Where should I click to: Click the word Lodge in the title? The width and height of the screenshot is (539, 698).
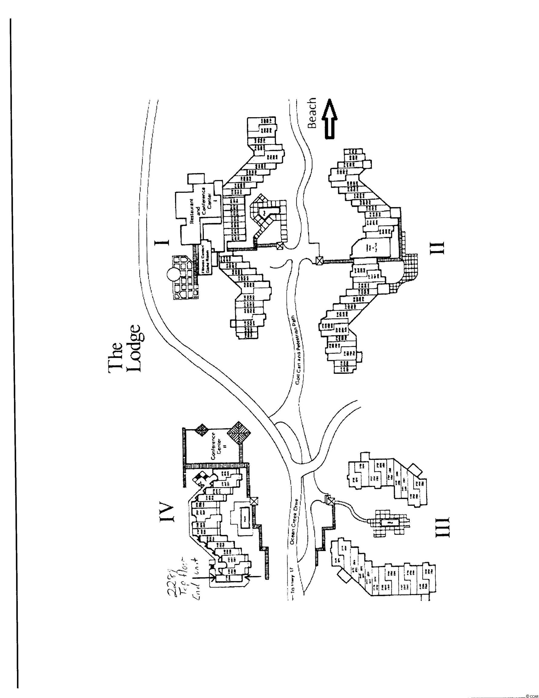point(134,348)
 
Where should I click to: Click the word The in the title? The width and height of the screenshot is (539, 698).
point(116,357)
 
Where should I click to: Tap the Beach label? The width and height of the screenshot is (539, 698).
point(311,113)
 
